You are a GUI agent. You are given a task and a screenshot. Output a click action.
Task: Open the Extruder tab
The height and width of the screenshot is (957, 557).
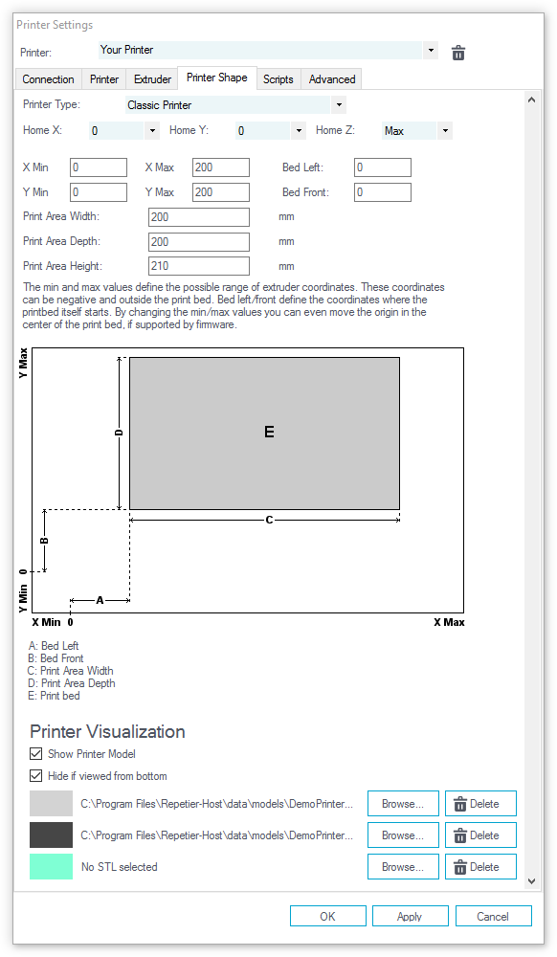(152, 79)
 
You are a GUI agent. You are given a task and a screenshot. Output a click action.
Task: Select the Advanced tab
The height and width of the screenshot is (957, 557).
(332, 79)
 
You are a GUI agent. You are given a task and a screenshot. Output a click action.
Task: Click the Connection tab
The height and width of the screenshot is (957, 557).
(48, 79)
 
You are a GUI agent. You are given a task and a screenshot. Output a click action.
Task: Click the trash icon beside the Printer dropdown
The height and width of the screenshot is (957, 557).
(458, 53)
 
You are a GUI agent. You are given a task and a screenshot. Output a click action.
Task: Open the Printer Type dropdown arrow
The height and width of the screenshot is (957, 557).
(339, 105)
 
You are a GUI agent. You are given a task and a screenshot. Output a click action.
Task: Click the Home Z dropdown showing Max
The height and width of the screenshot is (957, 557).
(417, 130)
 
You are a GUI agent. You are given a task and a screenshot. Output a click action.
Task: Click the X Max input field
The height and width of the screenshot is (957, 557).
(221, 167)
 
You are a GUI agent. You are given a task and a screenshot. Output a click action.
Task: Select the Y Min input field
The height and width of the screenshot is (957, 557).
(99, 192)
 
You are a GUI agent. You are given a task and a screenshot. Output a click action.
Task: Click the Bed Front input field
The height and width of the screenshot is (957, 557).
(383, 192)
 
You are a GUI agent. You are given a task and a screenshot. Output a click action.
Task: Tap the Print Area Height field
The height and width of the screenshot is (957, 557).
(199, 266)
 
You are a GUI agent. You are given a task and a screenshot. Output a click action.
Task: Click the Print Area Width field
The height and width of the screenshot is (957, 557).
(199, 216)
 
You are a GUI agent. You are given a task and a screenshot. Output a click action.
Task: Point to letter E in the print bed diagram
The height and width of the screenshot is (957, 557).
(269, 433)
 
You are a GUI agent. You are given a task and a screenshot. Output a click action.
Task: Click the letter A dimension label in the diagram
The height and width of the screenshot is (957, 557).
(100, 601)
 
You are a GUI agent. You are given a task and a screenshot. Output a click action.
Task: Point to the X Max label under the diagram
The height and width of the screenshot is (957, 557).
(449, 622)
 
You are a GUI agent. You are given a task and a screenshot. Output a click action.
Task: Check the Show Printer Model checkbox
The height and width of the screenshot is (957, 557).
(36, 754)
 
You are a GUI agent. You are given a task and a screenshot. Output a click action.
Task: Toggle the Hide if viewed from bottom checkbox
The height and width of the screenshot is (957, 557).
(36, 776)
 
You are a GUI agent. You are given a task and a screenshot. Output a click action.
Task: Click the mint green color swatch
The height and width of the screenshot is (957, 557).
(52, 867)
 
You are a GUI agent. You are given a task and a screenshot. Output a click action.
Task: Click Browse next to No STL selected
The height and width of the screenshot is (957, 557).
(403, 867)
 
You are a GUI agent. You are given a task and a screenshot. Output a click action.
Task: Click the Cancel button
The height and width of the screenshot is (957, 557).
(493, 916)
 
